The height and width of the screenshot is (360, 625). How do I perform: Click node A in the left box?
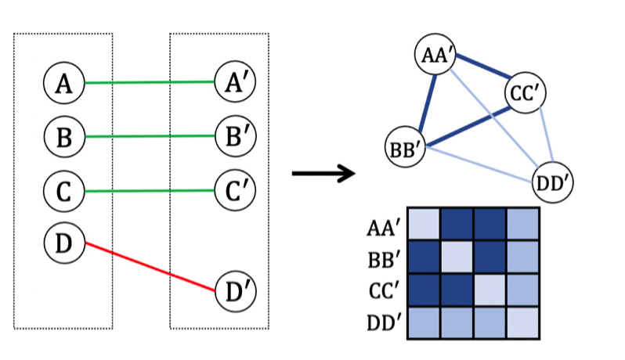coord(64,83)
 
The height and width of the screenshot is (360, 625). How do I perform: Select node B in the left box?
coord(64,137)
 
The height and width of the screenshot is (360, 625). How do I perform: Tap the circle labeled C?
coord(64,191)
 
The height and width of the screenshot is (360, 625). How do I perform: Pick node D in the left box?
coord(64,243)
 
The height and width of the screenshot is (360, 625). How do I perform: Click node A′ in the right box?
coord(235,82)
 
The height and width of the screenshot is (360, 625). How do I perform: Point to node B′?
coord(235,135)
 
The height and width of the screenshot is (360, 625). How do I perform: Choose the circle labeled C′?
coord(235,190)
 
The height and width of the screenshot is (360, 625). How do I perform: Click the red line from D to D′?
coord(149,267)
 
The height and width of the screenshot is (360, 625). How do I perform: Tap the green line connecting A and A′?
coord(149,82)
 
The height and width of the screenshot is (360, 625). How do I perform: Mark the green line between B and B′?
coord(149,136)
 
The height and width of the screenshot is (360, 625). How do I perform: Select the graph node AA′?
coord(435,55)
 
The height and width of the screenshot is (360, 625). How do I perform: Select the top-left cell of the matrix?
coord(424,225)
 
